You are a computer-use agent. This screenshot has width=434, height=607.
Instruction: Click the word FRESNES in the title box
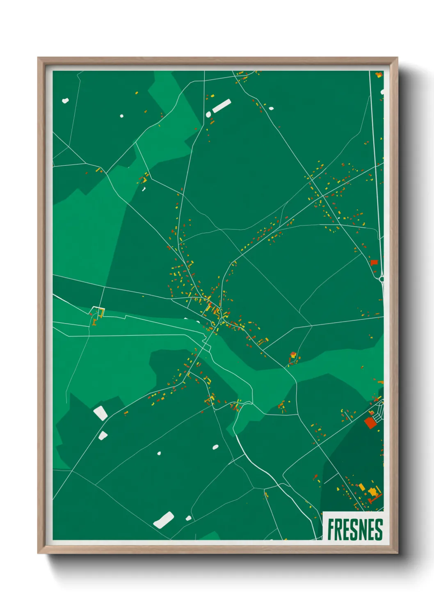point(355,529)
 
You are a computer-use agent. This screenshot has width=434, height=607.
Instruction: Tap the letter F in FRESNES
point(331,529)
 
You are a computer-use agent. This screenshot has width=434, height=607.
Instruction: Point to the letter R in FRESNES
point(338,529)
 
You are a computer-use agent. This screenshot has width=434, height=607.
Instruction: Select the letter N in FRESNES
point(363,529)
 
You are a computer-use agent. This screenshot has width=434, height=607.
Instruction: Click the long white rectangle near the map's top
point(222,106)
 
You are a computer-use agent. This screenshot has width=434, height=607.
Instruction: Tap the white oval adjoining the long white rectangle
point(208,114)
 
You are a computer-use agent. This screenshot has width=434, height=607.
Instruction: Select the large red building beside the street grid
point(370,422)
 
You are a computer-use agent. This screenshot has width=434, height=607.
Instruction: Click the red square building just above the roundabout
point(374,262)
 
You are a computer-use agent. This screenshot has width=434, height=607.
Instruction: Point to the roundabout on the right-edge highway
point(381,279)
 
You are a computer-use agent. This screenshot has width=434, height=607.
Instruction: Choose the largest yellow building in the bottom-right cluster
point(373,491)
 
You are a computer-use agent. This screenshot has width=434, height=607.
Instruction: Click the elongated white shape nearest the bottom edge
point(163,520)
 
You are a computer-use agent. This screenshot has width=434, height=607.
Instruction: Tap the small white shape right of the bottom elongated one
point(188,518)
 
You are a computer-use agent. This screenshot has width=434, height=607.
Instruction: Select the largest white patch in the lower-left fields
point(101,413)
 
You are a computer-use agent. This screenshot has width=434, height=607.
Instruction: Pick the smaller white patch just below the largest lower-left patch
point(103,436)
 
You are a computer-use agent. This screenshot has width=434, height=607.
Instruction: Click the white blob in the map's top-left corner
point(65,100)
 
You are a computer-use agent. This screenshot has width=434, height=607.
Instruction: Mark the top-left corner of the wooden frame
point(39,58)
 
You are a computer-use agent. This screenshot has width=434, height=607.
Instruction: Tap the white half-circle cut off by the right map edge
point(382,92)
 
